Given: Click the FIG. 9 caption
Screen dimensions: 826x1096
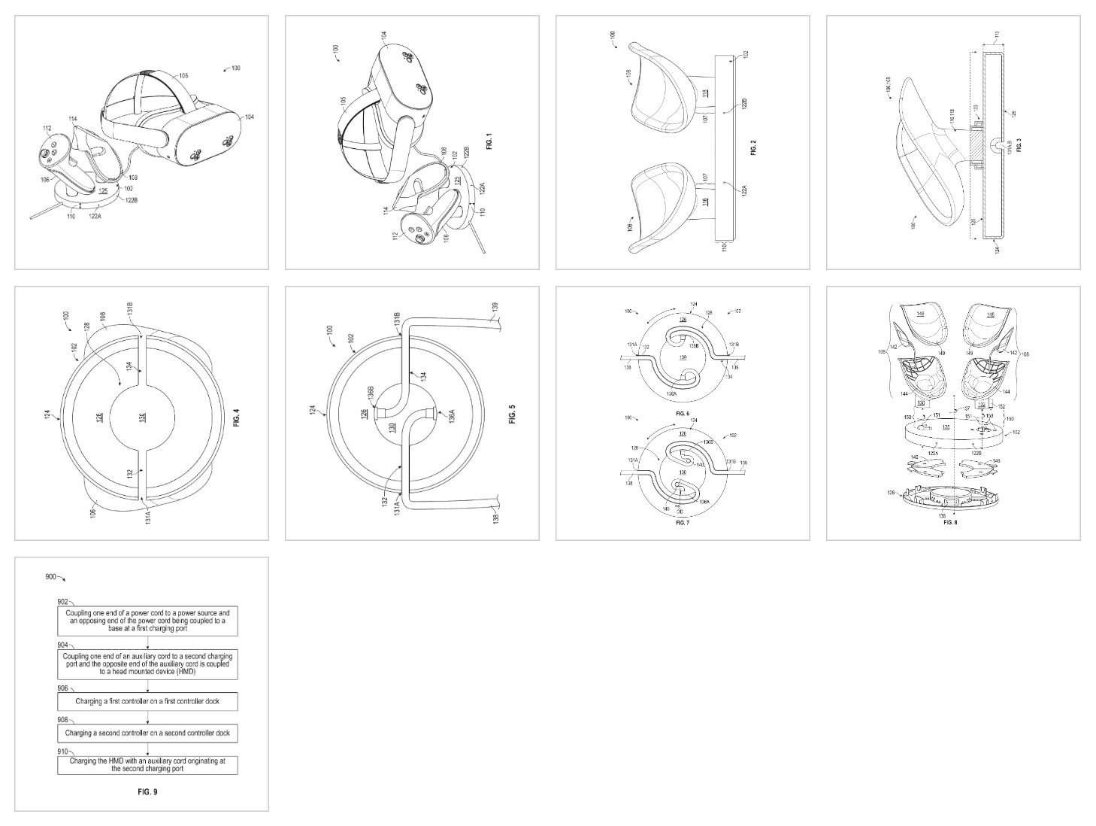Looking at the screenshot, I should click(x=147, y=791).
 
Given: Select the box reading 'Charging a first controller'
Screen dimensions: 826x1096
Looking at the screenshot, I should click(x=147, y=701).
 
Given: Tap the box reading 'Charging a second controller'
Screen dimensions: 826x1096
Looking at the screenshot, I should click(x=147, y=733).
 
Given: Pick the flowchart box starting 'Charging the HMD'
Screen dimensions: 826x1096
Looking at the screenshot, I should click(x=147, y=765).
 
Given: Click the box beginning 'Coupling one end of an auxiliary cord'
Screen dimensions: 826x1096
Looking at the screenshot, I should click(x=147, y=664).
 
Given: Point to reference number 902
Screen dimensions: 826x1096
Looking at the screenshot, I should click(x=63, y=602).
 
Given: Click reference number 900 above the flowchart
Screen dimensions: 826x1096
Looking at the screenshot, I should click(x=50, y=576).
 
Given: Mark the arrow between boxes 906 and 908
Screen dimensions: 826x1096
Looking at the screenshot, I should click(x=147, y=717).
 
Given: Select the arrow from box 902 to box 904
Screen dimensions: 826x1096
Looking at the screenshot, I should click(x=147, y=644).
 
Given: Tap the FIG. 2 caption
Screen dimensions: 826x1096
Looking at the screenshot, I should click(x=753, y=147).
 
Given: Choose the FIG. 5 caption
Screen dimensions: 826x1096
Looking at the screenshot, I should click(x=513, y=415).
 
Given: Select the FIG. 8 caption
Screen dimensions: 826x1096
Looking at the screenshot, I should click(x=950, y=521).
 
